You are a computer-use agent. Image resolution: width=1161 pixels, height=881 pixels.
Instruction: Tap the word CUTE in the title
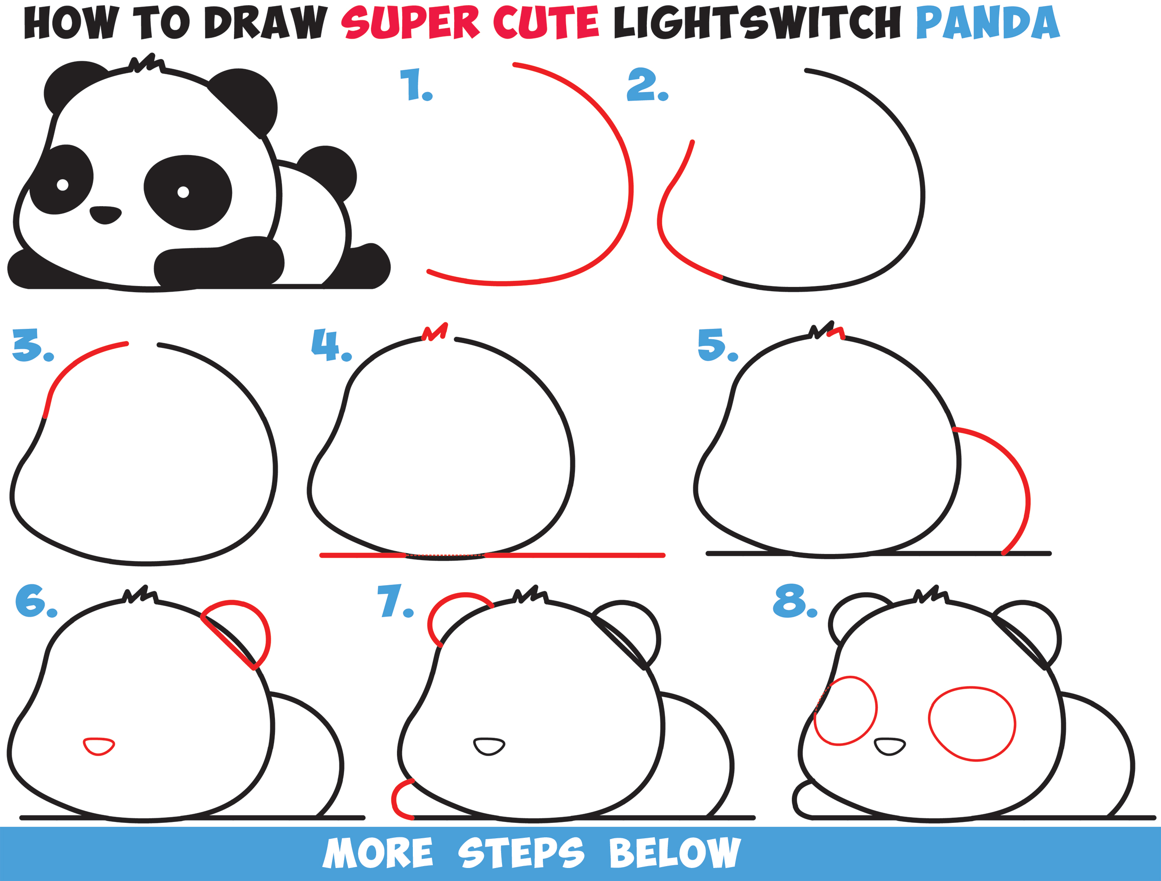(x=546, y=24)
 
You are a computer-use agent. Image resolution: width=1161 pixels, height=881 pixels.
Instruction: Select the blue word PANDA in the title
(x=988, y=24)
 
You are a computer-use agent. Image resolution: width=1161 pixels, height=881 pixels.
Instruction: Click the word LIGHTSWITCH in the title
(x=757, y=24)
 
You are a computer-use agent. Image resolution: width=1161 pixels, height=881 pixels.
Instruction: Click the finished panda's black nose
(x=105, y=215)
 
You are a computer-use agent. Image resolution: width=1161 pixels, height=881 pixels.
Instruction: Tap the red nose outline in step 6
(x=98, y=746)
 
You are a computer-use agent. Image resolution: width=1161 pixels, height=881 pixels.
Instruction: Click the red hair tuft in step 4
(x=435, y=332)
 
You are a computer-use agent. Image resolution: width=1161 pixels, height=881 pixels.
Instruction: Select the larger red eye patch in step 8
(x=972, y=724)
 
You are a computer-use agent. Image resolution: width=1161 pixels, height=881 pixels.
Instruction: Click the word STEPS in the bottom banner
(x=520, y=853)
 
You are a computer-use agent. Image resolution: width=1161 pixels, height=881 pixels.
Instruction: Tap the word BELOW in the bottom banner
(x=674, y=853)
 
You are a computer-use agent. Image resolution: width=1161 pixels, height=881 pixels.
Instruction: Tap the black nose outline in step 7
(x=489, y=746)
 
